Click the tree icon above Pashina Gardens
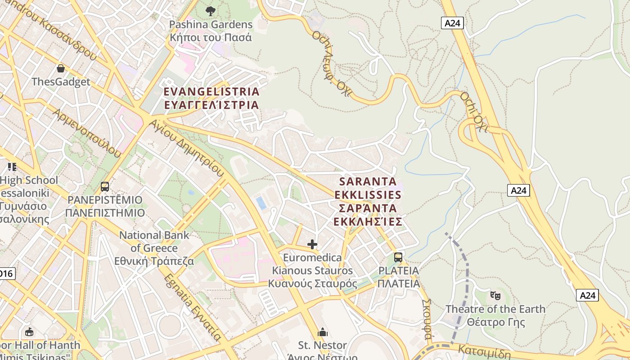point(210,11)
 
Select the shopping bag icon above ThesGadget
point(61,68)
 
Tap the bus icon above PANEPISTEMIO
point(105,186)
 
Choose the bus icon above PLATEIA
point(398,257)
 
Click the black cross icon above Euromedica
point(312,244)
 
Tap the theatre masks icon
point(495,296)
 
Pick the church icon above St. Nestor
point(323,333)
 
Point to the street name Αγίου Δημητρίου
point(186,148)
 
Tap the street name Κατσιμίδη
point(484,351)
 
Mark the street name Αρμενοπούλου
point(87,133)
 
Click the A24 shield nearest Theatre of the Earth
point(587,295)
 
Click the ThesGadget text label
point(61,82)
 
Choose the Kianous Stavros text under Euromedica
point(312,271)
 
